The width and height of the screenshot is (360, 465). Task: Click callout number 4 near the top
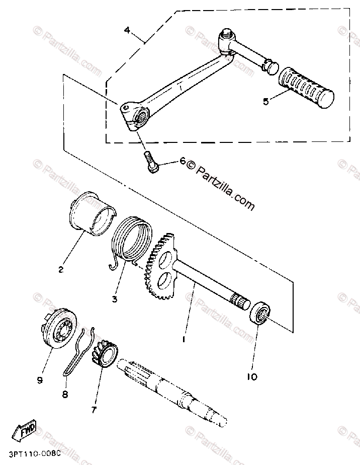click(x=127, y=30)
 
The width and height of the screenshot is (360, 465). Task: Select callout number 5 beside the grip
click(x=266, y=101)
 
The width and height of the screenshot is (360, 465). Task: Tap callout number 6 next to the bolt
click(x=183, y=162)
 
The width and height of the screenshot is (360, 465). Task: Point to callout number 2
click(x=61, y=269)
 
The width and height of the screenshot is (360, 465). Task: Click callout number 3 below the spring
click(x=115, y=299)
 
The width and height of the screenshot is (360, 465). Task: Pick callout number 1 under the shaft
click(x=184, y=339)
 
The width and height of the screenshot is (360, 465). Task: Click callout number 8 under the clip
click(x=64, y=395)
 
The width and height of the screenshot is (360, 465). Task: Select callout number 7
click(x=93, y=410)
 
